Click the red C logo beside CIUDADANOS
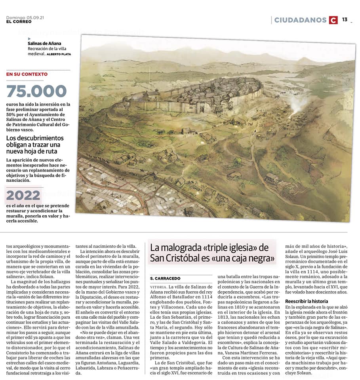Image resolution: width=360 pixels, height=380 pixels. (x=333, y=20)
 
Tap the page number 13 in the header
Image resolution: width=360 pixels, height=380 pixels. (x=345, y=19)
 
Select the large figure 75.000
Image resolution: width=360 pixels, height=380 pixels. (x=36, y=91)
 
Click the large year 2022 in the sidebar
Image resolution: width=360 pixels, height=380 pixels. (x=23, y=195)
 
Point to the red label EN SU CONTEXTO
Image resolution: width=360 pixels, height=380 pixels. (x=27, y=74)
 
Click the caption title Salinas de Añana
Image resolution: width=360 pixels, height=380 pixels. (x=44, y=44)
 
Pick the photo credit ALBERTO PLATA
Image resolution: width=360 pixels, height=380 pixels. (x=59, y=54)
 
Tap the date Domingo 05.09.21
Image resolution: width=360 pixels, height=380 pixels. (x=25, y=17)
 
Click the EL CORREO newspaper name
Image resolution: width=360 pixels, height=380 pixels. (x=19, y=21)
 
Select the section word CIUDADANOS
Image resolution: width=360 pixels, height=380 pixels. (x=301, y=20)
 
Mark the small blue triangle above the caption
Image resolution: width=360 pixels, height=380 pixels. (x=29, y=39)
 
